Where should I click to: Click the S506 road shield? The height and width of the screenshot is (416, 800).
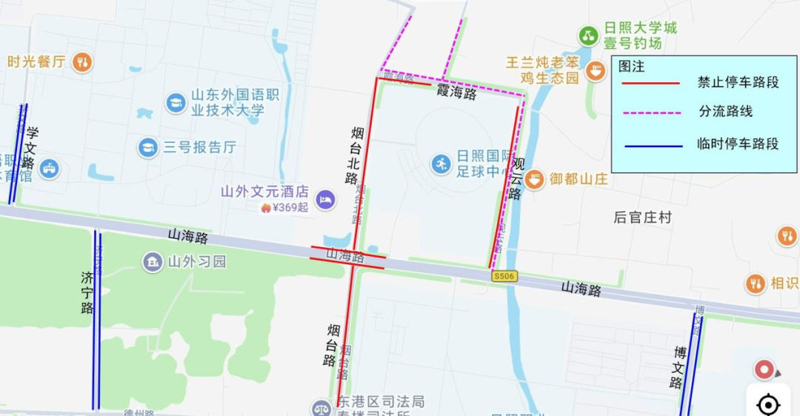(504, 276)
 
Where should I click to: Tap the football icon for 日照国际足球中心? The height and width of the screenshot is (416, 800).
(441, 164)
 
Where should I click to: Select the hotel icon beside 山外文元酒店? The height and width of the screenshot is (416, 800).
(325, 199)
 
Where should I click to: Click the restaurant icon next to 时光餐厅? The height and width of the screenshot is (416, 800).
(83, 62)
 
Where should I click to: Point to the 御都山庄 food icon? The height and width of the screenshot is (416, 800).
(535, 178)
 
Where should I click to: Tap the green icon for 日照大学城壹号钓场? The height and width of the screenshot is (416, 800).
(589, 35)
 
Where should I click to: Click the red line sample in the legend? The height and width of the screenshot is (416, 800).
(650, 83)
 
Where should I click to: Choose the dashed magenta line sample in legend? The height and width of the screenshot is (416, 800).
(650, 113)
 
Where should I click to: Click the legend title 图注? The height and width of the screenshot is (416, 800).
(632, 67)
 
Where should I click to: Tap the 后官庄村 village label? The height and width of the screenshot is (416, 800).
(642, 217)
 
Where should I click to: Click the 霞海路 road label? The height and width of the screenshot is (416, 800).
(456, 93)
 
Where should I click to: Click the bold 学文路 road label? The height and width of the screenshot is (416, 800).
(30, 148)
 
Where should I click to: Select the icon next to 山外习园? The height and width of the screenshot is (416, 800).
(153, 261)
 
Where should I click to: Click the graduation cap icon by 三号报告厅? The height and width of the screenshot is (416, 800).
(148, 147)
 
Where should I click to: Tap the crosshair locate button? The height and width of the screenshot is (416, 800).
(768, 404)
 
